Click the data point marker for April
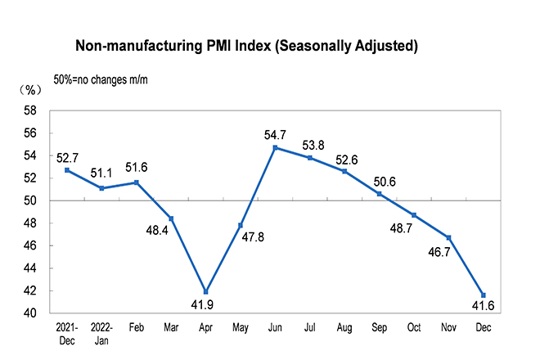coord(206,292)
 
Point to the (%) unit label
coord(31,89)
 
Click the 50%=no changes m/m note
coord(101,79)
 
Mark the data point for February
coord(136,182)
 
